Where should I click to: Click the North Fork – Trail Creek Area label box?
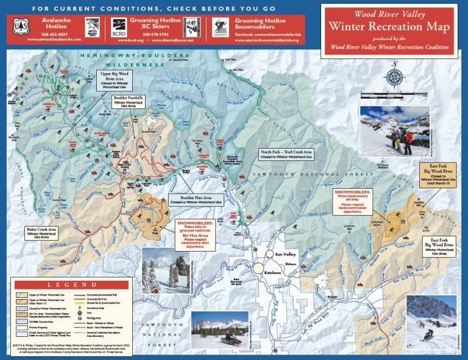click(x=286, y=154)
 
